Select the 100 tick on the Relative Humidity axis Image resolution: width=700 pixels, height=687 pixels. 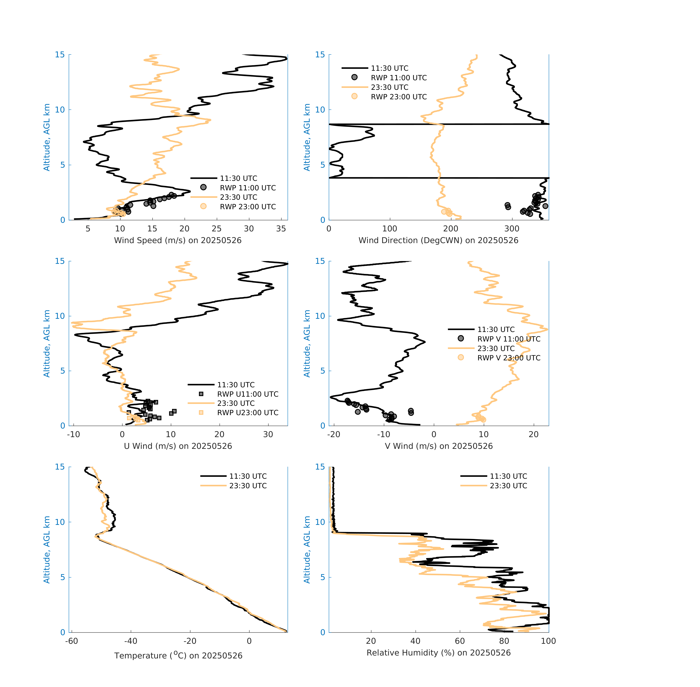[548, 641]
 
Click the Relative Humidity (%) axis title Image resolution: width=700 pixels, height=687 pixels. [438, 653]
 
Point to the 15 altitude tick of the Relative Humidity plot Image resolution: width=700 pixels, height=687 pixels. [320, 467]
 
